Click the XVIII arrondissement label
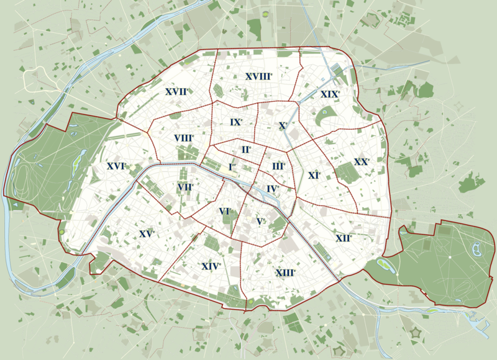click(x=258, y=76)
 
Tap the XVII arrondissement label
click(x=176, y=92)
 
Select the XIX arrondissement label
click(x=330, y=94)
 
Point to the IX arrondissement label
click(x=235, y=122)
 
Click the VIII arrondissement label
click(x=184, y=138)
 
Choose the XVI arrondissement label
click(x=116, y=166)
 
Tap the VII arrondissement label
click(x=185, y=187)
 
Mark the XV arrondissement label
click(x=147, y=234)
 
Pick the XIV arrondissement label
click(x=211, y=266)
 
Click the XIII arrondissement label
click(x=285, y=272)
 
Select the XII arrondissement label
click(x=343, y=238)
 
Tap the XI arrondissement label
click(x=314, y=176)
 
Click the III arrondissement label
click(x=278, y=166)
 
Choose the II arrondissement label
click(x=246, y=150)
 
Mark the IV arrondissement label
click(x=272, y=189)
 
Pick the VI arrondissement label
click(x=225, y=212)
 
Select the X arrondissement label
click(x=283, y=125)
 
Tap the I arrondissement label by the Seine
click(x=232, y=167)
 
